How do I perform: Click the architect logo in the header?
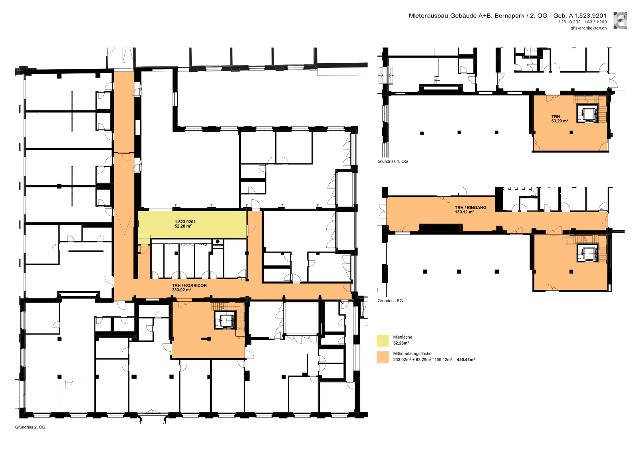[x=620, y=20]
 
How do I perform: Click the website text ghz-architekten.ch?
[x=589, y=28]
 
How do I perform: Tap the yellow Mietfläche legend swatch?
[x=383, y=341]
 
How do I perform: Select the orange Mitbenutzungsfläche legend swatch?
[x=383, y=357]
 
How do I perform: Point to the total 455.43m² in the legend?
[x=466, y=359]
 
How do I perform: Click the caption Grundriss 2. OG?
[x=30, y=427]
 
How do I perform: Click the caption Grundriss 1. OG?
[x=393, y=161]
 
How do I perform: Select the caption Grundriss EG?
[x=390, y=301]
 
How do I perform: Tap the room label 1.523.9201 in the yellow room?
[x=185, y=222]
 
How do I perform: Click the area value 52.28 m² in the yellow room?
[x=183, y=226]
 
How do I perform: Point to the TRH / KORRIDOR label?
[x=189, y=285]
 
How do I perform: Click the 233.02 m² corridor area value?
[x=181, y=290]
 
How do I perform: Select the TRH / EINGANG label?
[x=470, y=208]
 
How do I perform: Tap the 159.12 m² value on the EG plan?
[x=464, y=212]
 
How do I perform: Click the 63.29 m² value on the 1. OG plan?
[x=560, y=121]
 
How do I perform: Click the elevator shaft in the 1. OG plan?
[x=587, y=113]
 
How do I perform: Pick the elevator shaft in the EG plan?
[x=587, y=253]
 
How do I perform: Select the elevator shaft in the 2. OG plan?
[x=225, y=320]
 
